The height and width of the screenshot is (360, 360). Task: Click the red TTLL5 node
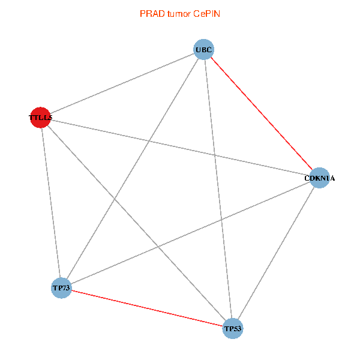tap(40, 117)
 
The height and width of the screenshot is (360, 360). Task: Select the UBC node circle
tap(203, 49)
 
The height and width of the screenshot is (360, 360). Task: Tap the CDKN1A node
tap(320, 178)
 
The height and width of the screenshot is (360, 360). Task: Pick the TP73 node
tap(61, 288)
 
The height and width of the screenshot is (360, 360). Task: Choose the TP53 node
tap(233, 328)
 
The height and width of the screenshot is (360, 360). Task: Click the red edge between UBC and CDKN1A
tap(262, 113)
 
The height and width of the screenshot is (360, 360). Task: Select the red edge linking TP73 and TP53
tap(147, 308)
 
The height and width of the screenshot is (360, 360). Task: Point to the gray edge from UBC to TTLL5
tap(122, 83)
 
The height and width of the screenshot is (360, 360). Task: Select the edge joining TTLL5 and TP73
tap(51, 203)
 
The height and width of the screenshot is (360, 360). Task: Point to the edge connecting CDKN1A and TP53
tap(277, 253)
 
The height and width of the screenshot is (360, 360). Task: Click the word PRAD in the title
tap(150, 13)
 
